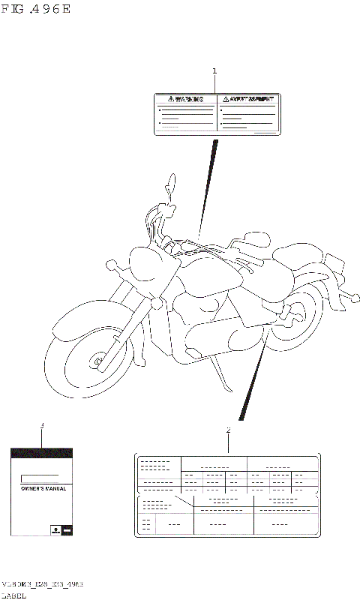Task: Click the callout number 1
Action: [214, 71]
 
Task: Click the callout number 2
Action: [228, 430]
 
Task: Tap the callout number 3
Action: [42, 427]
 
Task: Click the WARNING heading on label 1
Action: [186, 99]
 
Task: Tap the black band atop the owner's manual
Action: [41, 453]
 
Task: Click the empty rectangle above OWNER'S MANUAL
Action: [40, 478]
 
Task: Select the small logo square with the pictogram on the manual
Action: [55, 529]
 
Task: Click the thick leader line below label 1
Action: [209, 180]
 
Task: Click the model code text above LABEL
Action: [42, 583]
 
